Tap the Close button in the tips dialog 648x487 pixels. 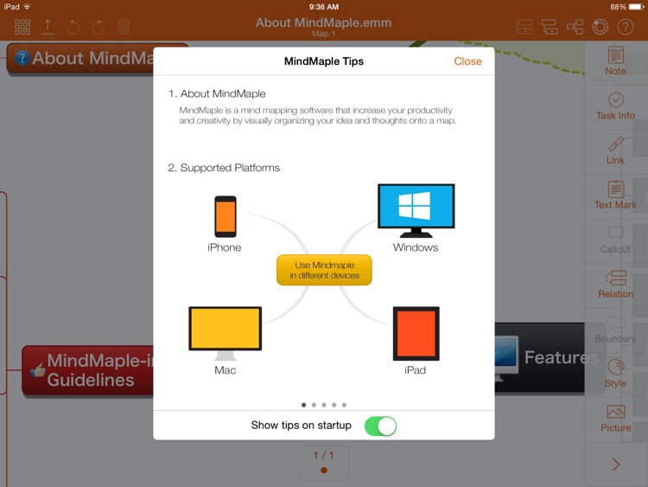(467, 61)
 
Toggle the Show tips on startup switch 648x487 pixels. (380, 426)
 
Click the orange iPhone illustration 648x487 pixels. (226, 216)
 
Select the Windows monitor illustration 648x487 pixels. (416, 210)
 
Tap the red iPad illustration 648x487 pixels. (416, 334)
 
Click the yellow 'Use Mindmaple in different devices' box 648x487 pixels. (324, 270)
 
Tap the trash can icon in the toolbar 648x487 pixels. (124, 27)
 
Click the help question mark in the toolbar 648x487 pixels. (626, 27)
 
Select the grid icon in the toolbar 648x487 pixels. (22, 27)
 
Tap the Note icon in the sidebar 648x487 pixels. (616, 55)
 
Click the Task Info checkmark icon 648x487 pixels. (616, 99)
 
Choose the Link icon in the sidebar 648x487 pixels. (616, 144)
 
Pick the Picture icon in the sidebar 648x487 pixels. (616, 412)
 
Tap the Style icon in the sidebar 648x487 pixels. (616, 367)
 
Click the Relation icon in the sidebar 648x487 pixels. (616, 278)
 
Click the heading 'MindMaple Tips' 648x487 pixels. (324, 61)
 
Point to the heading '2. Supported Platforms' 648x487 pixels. (224, 168)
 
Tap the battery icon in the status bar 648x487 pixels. (637, 7)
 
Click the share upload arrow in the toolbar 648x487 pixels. (48, 27)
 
